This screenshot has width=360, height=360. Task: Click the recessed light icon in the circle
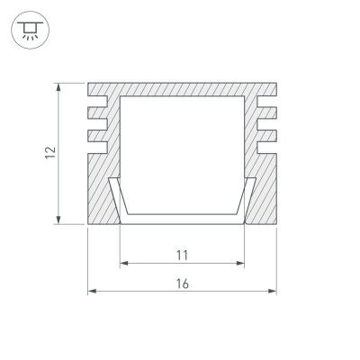click(30, 30)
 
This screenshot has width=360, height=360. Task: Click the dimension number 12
click(50, 153)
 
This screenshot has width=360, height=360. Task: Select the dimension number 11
click(182, 256)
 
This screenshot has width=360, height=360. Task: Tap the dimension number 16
click(182, 283)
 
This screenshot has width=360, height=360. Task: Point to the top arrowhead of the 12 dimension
click(58, 87)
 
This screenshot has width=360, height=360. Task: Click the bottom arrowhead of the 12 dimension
click(58, 220)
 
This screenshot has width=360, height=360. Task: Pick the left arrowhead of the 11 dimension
click(124, 264)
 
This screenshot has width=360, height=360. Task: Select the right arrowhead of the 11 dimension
click(240, 264)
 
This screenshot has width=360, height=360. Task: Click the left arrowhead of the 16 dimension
click(92, 291)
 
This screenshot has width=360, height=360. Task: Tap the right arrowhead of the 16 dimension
click(272, 291)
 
